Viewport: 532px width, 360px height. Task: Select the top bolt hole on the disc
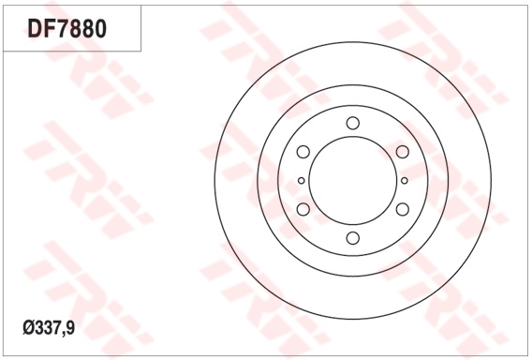[x=352, y=123]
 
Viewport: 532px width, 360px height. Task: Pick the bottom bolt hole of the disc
[x=352, y=238]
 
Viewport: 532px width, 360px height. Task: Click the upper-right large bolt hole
[x=402, y=152]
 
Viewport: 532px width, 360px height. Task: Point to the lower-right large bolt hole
[x=402, y=209]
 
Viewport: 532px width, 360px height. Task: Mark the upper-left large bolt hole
[x=303, y=152]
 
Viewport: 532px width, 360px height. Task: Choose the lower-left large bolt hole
[x=303, y=209]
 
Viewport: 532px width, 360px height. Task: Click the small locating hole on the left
[x=301, y=181]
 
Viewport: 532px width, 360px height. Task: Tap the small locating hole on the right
[x=404, y=181]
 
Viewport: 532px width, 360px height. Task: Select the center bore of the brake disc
[x=352, y=181]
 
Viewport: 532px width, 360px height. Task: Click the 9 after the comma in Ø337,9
[x=72, y=328]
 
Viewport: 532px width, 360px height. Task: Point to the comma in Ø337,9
[x=65, y=333]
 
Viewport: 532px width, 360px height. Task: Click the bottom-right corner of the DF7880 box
[x=140, y=50]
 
